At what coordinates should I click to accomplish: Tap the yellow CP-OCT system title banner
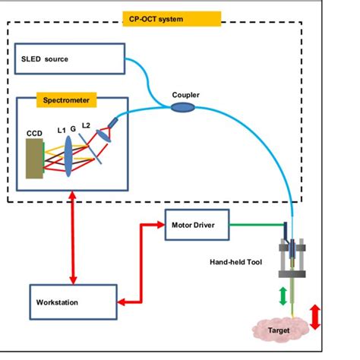(x=172, y=19)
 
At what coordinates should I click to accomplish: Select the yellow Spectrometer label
(x=66, y=100)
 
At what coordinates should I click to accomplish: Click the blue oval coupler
(x=183, y=107)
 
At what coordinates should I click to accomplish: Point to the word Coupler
(x=185, y=95)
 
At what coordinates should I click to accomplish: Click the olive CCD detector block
(x=34, y=159)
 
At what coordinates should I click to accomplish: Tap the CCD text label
(x=34, y=134)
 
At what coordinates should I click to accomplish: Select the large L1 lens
(x=68, y=156)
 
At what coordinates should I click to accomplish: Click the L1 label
(x=62, y=131)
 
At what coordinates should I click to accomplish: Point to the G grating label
(x=73, y=129)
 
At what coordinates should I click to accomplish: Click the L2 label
(x=86, y=125)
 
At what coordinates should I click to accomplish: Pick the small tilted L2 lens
(x=103, y=136)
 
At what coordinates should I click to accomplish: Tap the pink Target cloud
(x=280, y=330)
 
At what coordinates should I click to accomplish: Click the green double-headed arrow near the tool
(x=283, y=296)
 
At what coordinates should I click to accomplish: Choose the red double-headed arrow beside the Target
(x=315, y=317)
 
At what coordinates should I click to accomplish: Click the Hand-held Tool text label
(x=235, y=262)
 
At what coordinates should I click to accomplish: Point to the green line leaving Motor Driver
(x=257, y=225)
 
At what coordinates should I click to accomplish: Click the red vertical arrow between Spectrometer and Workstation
(x=73, y=238)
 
